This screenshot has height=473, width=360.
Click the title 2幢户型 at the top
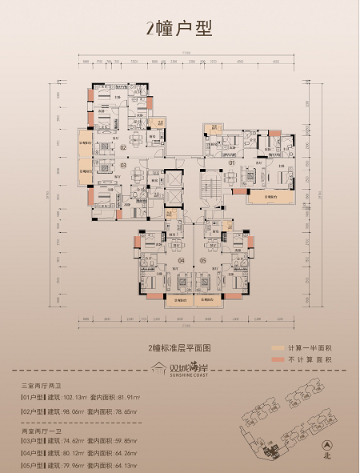(x=179, y=30)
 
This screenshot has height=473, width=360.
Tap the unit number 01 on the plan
(x=231, y=164)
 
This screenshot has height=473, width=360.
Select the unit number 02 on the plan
(x=124, y=148)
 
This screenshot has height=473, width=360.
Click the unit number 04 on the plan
(x=181, y=260)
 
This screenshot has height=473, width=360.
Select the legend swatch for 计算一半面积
(x=278, y=349)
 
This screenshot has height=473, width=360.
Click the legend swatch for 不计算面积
(x=278, y=361)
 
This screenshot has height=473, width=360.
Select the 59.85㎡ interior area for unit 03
(x=135, y=440)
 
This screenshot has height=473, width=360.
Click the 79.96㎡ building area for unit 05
(x=74, y=464)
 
